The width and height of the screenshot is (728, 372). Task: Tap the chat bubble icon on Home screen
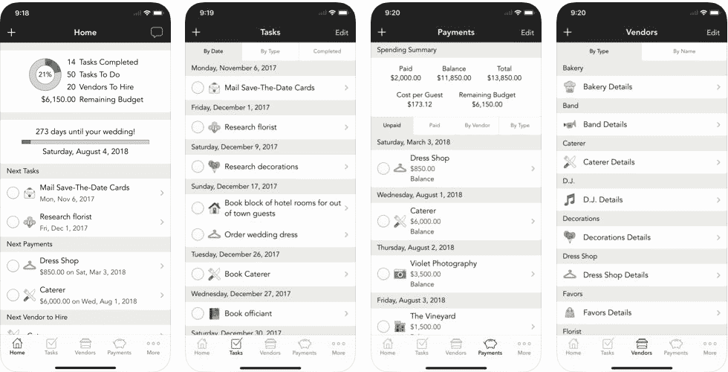tap(157, 32)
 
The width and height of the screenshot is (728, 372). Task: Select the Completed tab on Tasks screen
tap(327, 51)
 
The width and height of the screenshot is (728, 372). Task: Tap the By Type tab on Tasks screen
tap(270, 51)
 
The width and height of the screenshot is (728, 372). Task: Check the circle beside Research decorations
tap(198, 167)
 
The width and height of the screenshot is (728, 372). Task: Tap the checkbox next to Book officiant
tap(198, 313)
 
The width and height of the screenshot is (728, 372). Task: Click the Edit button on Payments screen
tap(527, 33)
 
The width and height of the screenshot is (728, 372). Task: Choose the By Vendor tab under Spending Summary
tap(477, 125)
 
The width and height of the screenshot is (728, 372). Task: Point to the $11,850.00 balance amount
tap(454, 78)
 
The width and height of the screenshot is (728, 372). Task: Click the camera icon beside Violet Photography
tap(400, 274)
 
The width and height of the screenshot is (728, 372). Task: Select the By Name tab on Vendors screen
tap(684, 51)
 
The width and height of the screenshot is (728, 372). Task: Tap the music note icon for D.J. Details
tap(569, 199)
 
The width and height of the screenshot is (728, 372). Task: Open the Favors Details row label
tap(608, 312)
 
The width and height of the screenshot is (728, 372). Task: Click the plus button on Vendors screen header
tap(568, 32)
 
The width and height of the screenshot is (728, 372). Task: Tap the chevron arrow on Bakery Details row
tap(718, 87)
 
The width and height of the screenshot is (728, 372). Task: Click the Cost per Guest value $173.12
tap(420, 104)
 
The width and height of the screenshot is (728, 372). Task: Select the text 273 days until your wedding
tap(85, 132)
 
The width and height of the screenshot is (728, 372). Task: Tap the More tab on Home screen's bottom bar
tap(153, 347)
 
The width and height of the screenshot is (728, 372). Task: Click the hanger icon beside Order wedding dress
tap(214, 234)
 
